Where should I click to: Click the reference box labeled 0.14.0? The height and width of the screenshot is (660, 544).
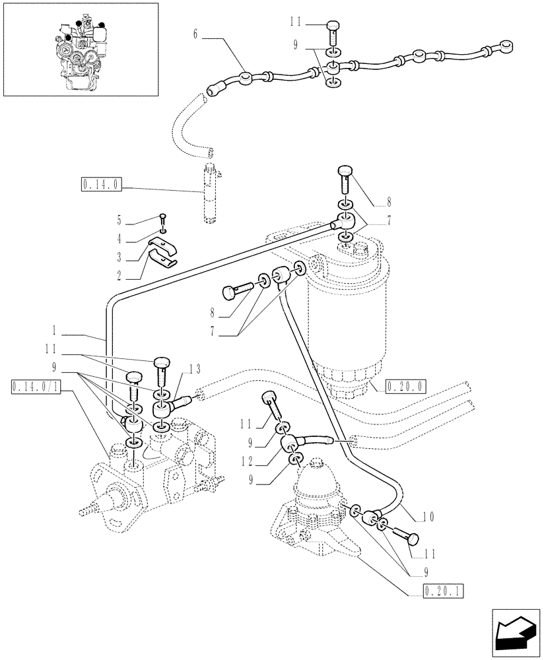tap(100, 185)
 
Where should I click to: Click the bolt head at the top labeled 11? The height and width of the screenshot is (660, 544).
tap(333, 29)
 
